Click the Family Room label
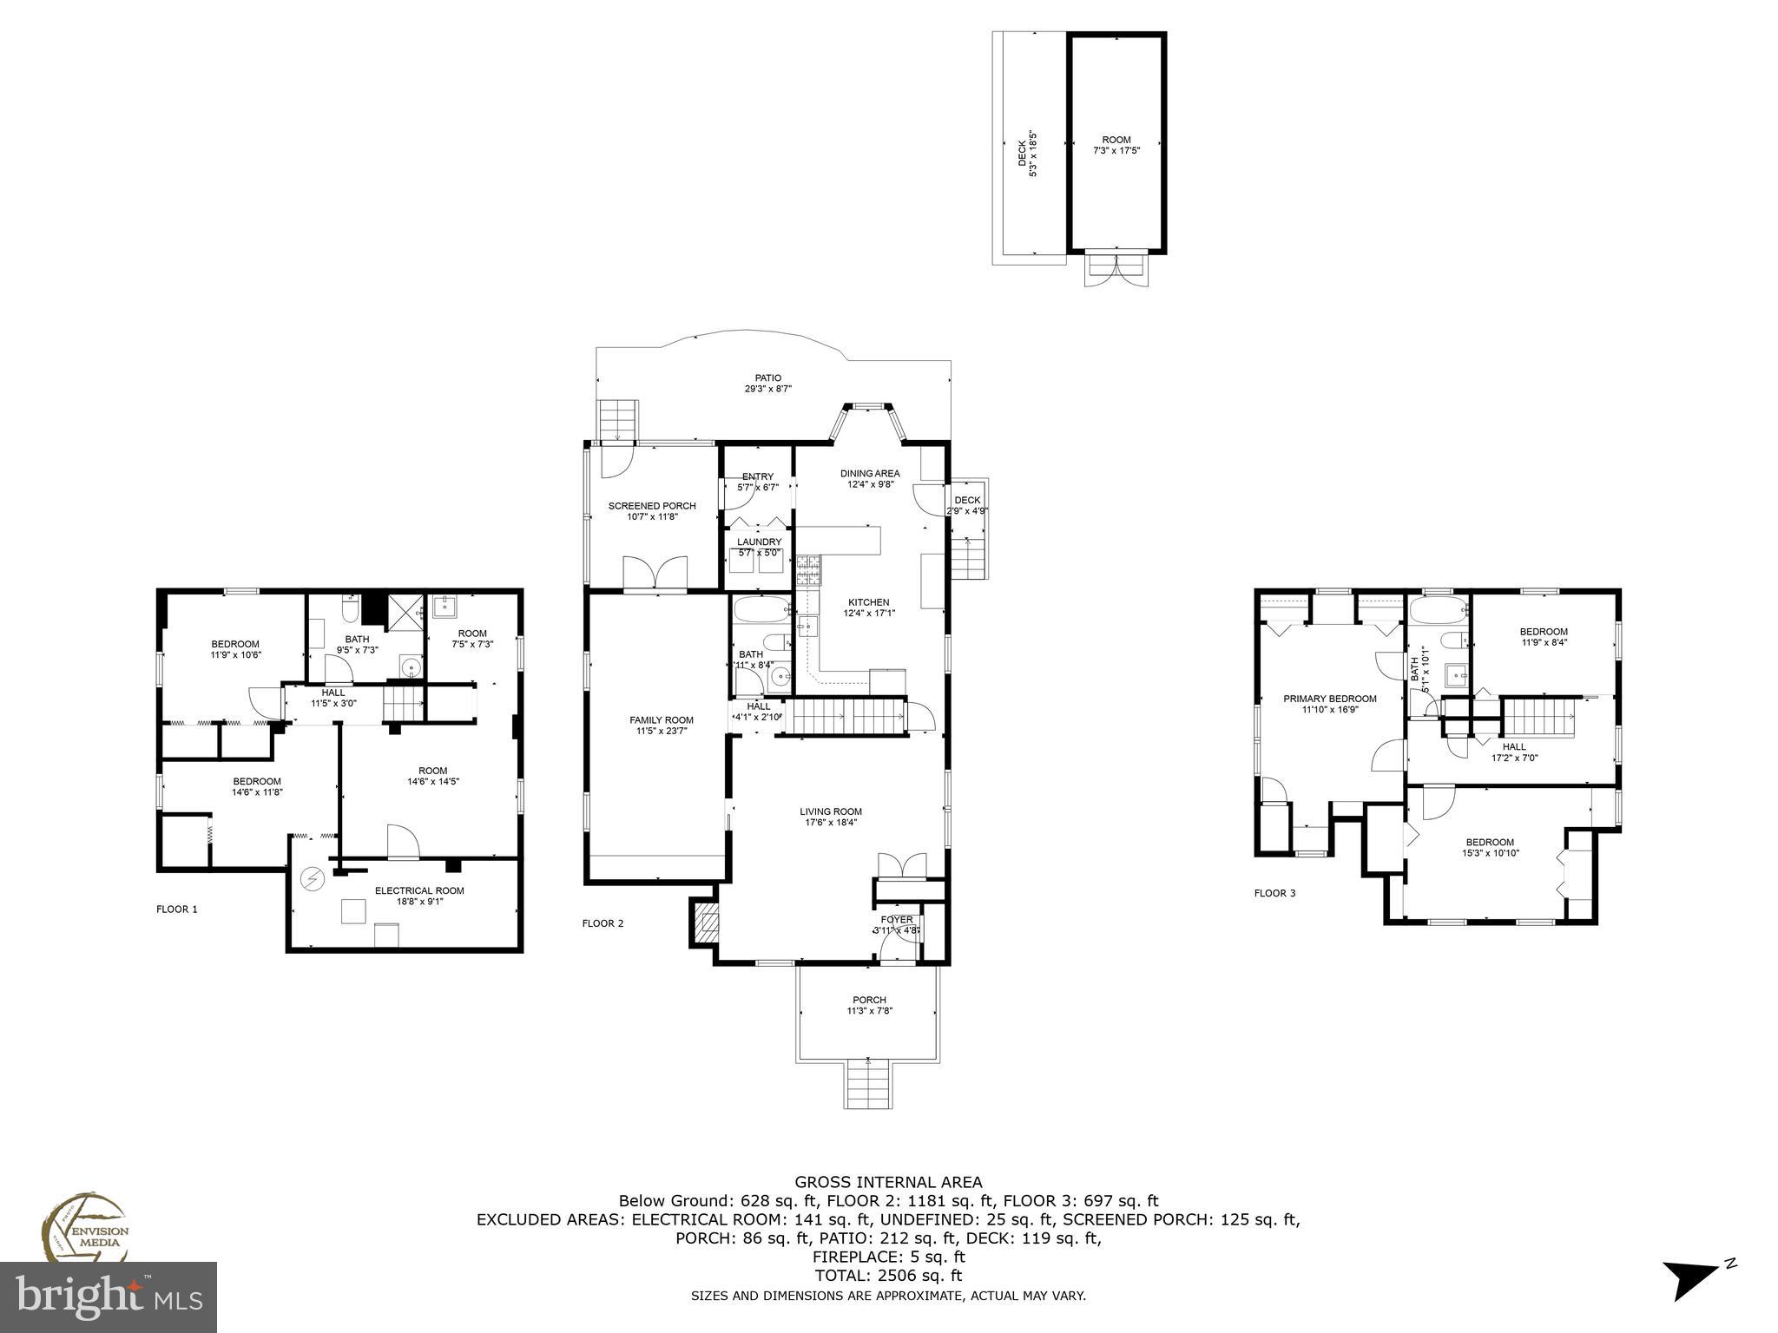pos(661,719)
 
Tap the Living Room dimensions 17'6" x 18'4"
pos(831,823)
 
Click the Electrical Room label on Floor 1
pos(419,890)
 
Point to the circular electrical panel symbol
pos(311,880)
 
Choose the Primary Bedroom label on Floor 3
pos(1329,699)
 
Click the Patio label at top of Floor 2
pos(767,378)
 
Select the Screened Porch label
pos(651,506)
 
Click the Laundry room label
pos(759,542)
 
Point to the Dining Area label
pos(869,473)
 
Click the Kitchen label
pos(868,602)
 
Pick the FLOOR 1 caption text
pos(177,909)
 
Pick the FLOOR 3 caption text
pos(1274,893)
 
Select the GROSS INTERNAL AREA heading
pos(888,1181)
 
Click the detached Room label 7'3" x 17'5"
pos(1116,140)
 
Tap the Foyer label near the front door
pos(897,919)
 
